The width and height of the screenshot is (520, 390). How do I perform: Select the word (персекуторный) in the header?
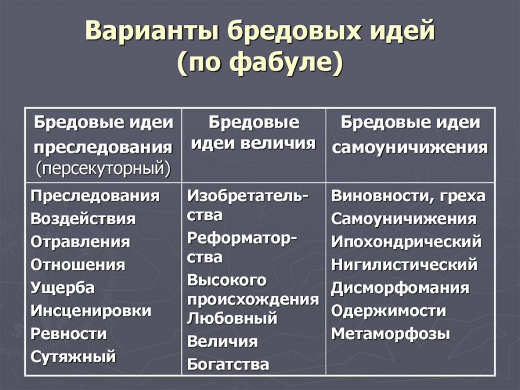[103, 169]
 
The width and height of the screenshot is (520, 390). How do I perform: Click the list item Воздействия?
[83, 219]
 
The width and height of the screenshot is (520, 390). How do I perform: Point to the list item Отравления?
[80, 242]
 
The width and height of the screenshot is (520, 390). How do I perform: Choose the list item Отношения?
[78, 265]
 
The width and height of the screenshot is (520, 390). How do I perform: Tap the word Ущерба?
[63, 288]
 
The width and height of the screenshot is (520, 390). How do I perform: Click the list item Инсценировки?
[91, 311]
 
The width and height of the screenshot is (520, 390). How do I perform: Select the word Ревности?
[69, 334]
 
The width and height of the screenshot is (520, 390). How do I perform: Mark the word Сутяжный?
[73, 357]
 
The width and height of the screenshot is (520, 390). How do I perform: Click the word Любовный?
[232, 318]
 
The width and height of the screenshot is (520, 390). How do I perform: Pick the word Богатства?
[228, 365]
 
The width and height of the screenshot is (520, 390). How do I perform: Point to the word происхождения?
[253, 299]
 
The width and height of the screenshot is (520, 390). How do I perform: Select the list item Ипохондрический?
[407, 242]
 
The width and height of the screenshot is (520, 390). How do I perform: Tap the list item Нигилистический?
[404, 265]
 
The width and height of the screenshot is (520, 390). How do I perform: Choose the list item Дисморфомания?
[400, 288]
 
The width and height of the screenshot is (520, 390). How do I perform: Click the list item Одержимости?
[388, 311]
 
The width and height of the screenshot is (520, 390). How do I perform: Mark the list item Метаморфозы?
[391, 334]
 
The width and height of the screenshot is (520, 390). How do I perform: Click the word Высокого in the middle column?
[227, 280]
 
